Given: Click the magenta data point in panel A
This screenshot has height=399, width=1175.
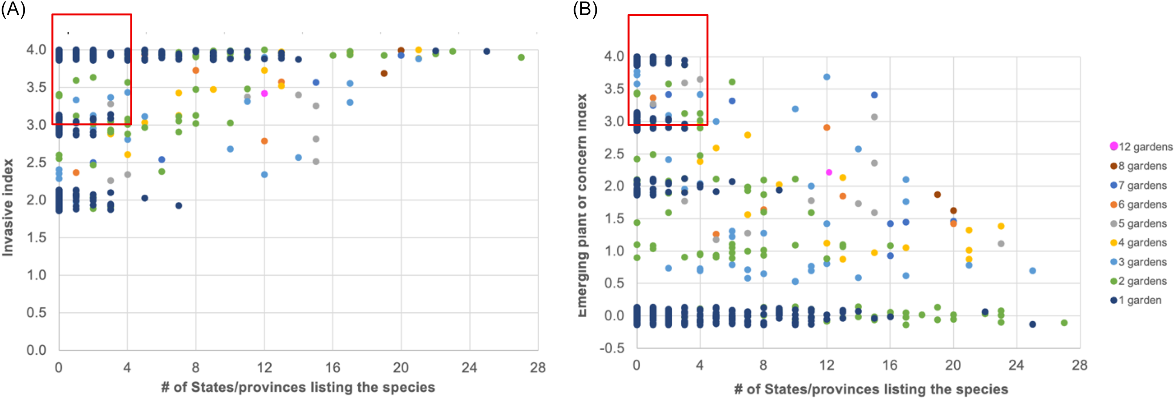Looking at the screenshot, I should pos(264,94).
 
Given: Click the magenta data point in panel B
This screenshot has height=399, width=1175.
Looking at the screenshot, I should pos(829,172).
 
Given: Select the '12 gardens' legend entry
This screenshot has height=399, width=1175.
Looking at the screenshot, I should pos(1141,147).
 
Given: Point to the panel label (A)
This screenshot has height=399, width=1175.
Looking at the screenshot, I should pos(13,9).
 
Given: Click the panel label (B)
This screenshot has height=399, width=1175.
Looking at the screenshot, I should pos(585,9).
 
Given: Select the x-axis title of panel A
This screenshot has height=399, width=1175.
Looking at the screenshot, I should pos(298,387).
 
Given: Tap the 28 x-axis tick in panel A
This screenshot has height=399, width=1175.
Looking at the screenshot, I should pos(538,367).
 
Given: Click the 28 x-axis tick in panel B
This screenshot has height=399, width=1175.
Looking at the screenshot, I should pos(1079,365).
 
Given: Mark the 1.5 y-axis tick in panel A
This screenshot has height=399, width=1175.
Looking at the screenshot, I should pos(37,237).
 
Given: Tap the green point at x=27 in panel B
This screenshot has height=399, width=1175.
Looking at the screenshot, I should pos(1064,323).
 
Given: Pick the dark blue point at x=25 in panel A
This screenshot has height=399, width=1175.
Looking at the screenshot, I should pos(487,52).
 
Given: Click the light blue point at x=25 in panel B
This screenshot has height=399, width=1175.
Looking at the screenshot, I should pos(1033,271).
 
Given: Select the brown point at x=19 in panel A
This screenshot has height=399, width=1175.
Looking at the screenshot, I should pos(384,74).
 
